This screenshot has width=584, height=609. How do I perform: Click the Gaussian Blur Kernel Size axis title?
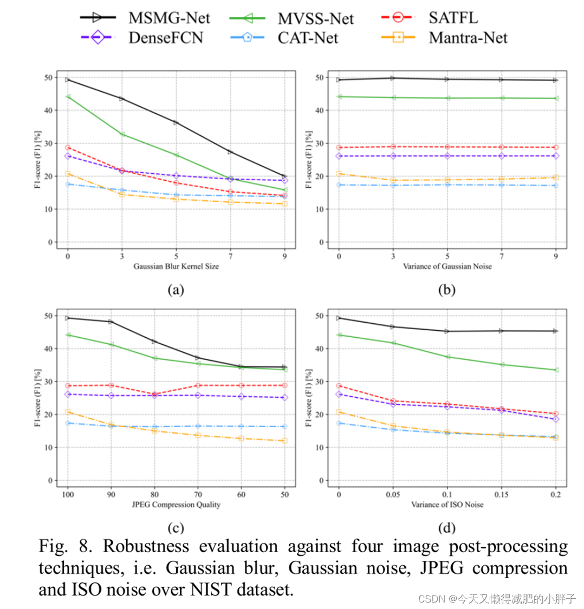176,266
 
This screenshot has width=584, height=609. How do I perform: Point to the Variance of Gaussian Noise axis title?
447,266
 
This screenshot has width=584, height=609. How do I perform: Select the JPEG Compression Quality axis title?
176,505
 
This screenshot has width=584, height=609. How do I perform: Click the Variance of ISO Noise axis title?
447,505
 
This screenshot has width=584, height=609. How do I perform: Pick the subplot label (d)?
447,528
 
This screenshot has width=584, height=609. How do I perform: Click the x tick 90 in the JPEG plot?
111,495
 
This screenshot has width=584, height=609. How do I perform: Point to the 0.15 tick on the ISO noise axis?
501,495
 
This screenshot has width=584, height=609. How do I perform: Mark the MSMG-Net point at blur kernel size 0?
68,80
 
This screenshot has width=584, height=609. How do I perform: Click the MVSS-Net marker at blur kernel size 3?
122,134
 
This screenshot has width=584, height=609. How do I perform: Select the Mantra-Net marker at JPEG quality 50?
284,441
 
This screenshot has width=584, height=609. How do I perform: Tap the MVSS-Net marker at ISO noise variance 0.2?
555,370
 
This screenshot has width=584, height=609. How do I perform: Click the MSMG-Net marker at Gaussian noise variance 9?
555,80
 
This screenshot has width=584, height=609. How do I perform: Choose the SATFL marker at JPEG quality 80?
154,394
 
